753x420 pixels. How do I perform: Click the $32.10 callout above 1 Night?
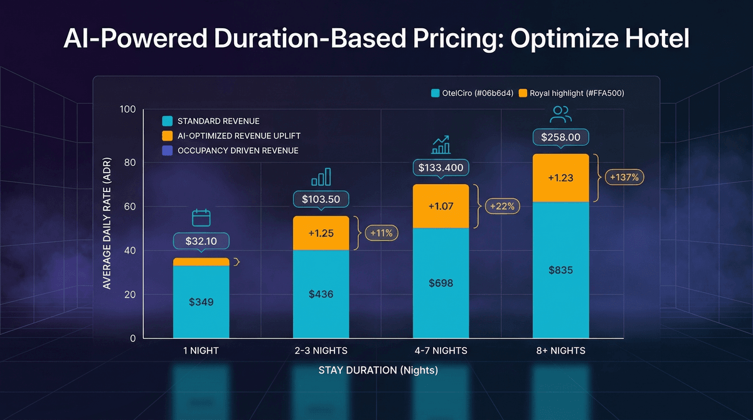[x=201, y=240]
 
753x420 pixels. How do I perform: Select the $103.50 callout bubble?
[x=321, y=200]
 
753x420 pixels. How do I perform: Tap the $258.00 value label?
[x=561, y=137]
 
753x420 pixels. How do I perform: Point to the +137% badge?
[x=624, y=178]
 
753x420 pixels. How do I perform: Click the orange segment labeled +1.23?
[x=560, y=178]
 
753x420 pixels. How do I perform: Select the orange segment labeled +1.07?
[x=441, y=206]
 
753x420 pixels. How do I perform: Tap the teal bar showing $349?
[x=201, y=301]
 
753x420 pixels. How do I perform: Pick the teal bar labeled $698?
[x=441, y=283]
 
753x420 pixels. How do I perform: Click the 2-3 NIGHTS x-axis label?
[x=321, y=350]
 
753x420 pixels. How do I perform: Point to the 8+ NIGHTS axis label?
[x=560, y=350]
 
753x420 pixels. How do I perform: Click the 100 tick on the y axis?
[x=127, y=110]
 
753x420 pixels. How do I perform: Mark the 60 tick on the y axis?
[x=129, y=206]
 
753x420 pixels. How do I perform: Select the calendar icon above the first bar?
[x=201, y=218]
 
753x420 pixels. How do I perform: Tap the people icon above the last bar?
[x=560, y=114]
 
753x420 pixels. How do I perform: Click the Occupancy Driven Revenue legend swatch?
[x=167, y=151]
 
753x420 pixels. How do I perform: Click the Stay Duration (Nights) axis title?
[x=377, y=370]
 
